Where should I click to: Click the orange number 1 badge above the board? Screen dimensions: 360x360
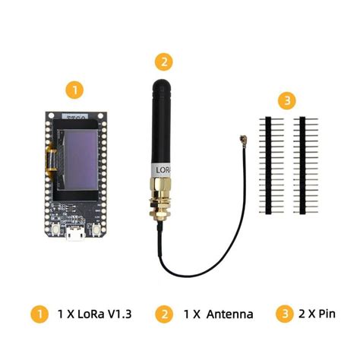(74, 90)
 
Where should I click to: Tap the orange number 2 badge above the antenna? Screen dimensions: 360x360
(162, 62)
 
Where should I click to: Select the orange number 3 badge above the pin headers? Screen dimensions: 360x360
(286, 99)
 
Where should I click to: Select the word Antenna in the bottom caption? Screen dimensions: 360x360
(225, 314)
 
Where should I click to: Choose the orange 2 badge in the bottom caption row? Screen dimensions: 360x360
(163, 314)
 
